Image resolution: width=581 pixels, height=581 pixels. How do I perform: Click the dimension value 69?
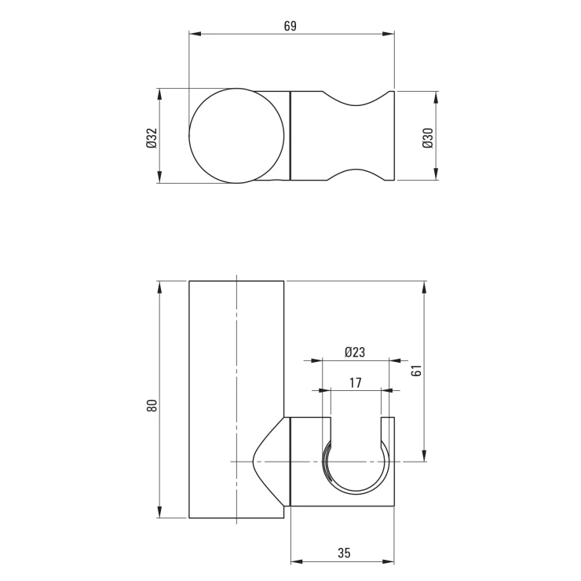(290, 27)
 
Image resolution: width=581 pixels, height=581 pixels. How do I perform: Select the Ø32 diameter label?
(152, 138)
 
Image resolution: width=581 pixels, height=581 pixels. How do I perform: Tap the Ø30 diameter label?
(428, 138)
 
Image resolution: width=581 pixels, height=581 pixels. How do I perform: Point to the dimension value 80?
(152, 405)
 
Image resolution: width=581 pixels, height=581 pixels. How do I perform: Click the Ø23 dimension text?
(355, 352)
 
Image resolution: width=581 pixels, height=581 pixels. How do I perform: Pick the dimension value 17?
(355, 382)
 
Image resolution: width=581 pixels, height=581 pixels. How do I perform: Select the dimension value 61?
(416, 370)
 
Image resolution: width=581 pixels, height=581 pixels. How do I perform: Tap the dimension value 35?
(344, 553)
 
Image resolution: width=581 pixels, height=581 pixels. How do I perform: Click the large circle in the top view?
(237, 136)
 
